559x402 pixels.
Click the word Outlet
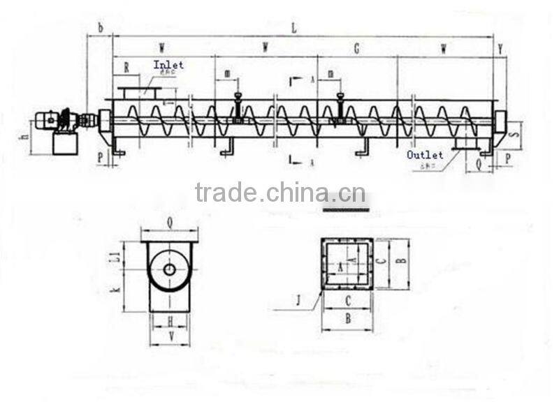[425, 154]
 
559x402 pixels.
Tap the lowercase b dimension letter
[100, 28]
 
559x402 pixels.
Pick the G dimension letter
[356, 48]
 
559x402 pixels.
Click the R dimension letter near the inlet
[126, 68]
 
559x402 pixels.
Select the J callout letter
[298, 301]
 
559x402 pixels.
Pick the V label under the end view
[171, 336]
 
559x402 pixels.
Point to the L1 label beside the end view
[116, 257]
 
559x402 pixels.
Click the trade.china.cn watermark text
[279, 192]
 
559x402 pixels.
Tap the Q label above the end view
[170, 223]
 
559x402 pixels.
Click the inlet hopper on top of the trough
[140, 92]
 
